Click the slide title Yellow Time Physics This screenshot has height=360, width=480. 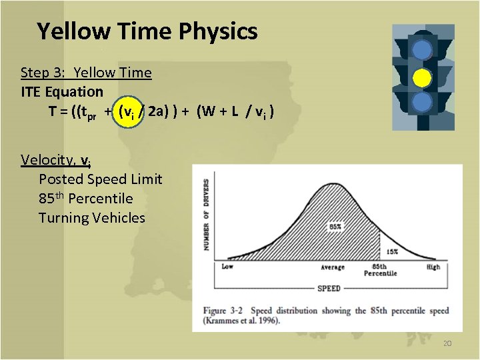(x=147, y=31)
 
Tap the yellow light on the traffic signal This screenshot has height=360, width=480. (x=421, y=78)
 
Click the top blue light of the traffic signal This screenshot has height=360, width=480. (x=421, y=50)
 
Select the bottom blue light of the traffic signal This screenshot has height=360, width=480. (x=421, y=102)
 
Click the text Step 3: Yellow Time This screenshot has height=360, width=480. (x=86, y=72)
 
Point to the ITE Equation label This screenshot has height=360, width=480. (x=62, y=91)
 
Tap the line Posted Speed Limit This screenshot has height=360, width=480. (x=100, y=179)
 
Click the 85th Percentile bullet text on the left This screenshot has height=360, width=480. (x=85, y=198)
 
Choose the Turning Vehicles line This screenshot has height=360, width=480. (x=91, y=217)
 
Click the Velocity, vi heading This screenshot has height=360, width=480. (x=56, y=159)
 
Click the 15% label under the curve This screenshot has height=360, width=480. (x=391, y=251)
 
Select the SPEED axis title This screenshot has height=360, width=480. (x=329, y=288)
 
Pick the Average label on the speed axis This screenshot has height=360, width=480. (x=332, y=267)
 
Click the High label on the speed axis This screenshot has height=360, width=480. (x=433, y=267)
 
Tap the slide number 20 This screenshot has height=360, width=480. (x=447, y=343)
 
